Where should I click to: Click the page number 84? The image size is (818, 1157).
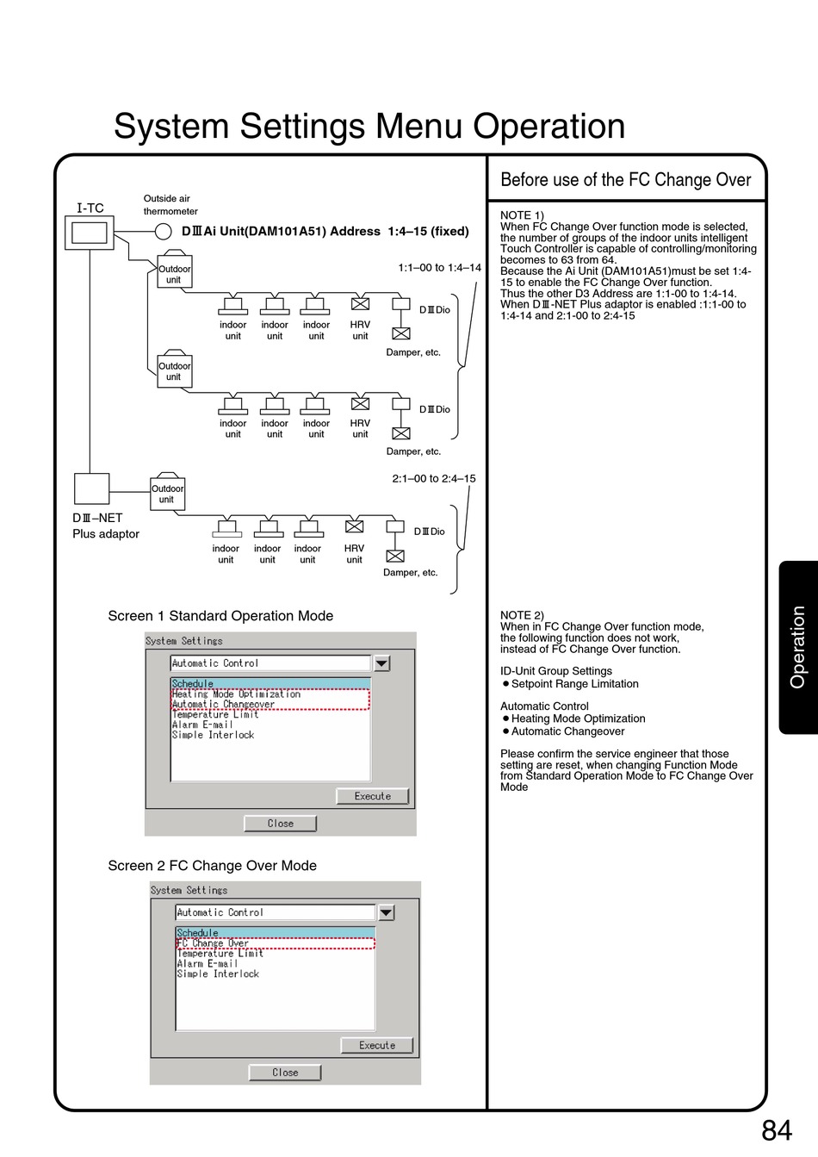(x=776, y=1130)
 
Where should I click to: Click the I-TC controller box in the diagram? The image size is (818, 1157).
(x=90, y=233)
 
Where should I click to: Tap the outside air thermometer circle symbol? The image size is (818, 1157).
(x=164, y=231)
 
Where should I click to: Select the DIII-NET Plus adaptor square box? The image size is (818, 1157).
(x=91, y=488)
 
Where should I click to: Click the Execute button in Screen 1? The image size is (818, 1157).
(x=372, y=796)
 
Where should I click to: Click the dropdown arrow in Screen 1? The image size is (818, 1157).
(x=382, y=663)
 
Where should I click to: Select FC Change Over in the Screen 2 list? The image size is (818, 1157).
(x=214, y=943)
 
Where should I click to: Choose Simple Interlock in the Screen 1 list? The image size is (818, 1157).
(x=214, y=735)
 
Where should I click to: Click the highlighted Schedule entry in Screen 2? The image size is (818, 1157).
(x=198, y=933)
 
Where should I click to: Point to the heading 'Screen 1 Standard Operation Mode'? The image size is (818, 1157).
(x=220, y=616)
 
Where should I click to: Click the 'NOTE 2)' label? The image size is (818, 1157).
(x=522, y=615)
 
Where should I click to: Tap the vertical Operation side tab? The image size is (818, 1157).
(x=798, y=647)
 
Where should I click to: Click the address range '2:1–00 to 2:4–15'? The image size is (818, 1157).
(x=434, y=479)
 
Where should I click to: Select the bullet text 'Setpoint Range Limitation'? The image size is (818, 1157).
(x=574, y=684)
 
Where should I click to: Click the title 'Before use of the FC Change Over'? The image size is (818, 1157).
(x=626, y=180)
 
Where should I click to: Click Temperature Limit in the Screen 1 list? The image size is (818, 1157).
(x=215, y=714)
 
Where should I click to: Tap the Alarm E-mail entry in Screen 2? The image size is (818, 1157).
(x=208, y=964)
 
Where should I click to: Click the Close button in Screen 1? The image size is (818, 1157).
(x=280, y=824)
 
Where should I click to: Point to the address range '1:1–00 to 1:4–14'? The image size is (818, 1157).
(x=439, y=268)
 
